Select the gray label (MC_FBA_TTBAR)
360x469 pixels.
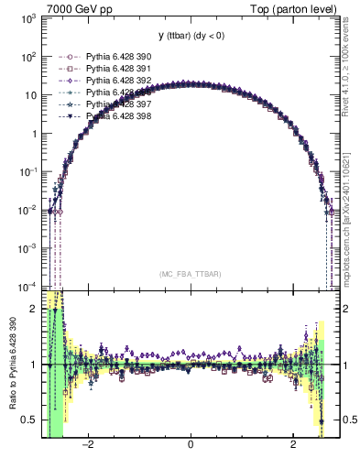190,274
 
